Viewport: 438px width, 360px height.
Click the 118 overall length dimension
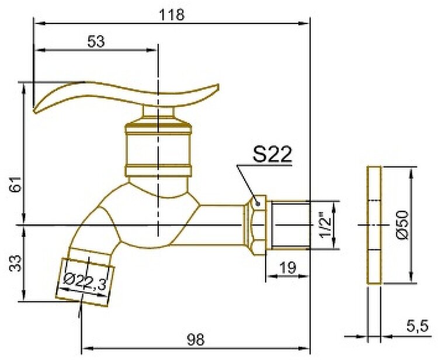pos(172,15)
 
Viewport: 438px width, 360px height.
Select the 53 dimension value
pos(96,41)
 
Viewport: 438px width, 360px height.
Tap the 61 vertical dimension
pos(16,184)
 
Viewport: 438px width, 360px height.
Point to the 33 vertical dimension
pos(16,263)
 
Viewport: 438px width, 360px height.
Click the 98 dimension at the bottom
pos(196,340)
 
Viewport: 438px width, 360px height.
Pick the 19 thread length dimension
pos(287,268)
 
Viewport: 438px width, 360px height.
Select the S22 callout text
pos(272,154)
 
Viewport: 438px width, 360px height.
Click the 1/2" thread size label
pos(325,225)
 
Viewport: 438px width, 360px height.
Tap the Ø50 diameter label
pos(402,225)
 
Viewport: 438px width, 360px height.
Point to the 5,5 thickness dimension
pos(418,326)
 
